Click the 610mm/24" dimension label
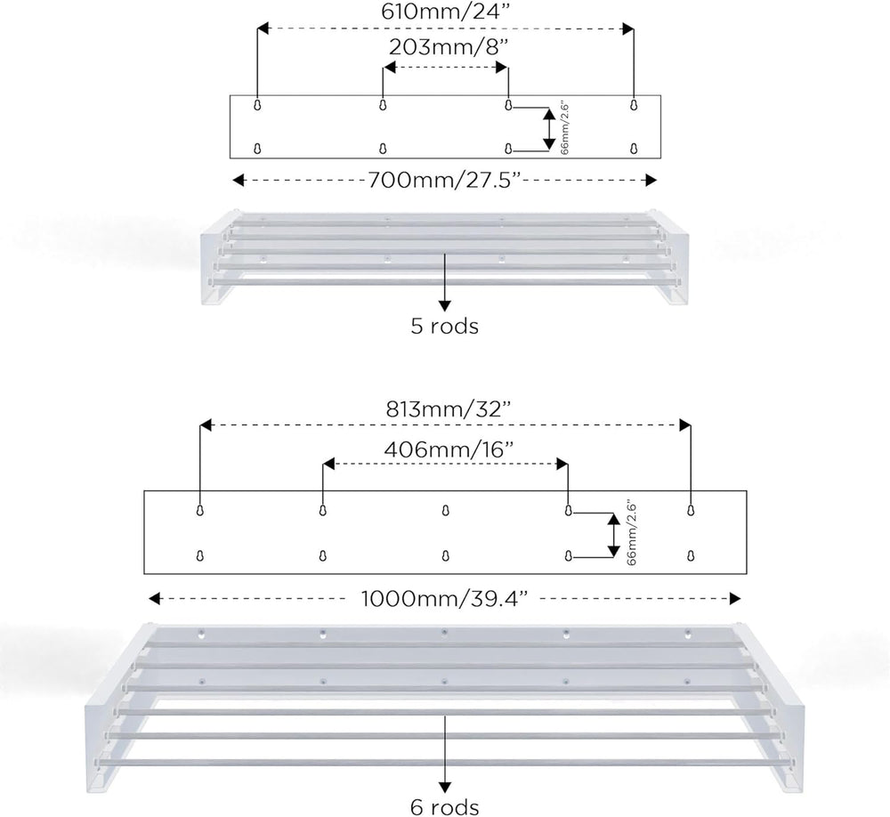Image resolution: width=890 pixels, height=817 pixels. [444, 12]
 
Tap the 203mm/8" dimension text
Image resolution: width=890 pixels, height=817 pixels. [448, 47]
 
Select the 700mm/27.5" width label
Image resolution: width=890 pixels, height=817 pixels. [444, 180]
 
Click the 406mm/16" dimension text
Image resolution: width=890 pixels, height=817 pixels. [449, 449]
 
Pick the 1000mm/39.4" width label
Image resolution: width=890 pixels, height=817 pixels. [444, 598]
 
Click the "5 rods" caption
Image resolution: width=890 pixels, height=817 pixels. [445, 327]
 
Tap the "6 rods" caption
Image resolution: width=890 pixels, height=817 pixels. [445, 807]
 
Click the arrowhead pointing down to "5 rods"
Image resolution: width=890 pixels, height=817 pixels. [445, 306]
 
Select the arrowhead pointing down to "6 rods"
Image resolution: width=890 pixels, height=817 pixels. [445, 788]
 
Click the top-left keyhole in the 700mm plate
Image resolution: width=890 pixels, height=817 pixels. [257, 105]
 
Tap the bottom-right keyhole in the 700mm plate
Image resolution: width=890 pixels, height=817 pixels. [634, 149]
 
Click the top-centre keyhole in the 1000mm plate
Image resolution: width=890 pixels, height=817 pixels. [446, 511]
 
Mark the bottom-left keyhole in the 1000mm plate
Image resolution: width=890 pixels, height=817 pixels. [199, 555]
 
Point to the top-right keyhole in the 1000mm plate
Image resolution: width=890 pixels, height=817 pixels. [691, 511]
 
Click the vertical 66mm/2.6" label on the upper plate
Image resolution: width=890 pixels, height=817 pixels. [564, 128]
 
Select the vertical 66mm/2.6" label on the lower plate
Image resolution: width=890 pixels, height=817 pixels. [632, 534]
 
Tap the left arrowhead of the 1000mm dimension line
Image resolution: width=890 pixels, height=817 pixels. [154, 598]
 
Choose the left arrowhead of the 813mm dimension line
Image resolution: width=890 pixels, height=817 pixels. [206, 425]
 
